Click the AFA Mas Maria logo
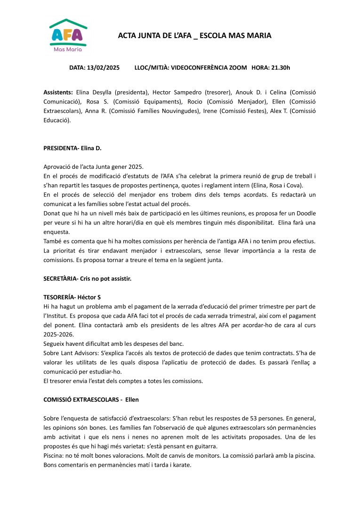tap(68, 36)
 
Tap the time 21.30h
tap(280, 68)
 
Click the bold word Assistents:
tap(58, 93)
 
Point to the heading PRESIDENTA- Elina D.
tap(72, 148)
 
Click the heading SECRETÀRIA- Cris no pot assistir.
tap(87, 278)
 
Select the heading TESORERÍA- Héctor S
tap(72, 297)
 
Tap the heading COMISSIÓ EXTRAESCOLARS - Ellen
tap(91, 399)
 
